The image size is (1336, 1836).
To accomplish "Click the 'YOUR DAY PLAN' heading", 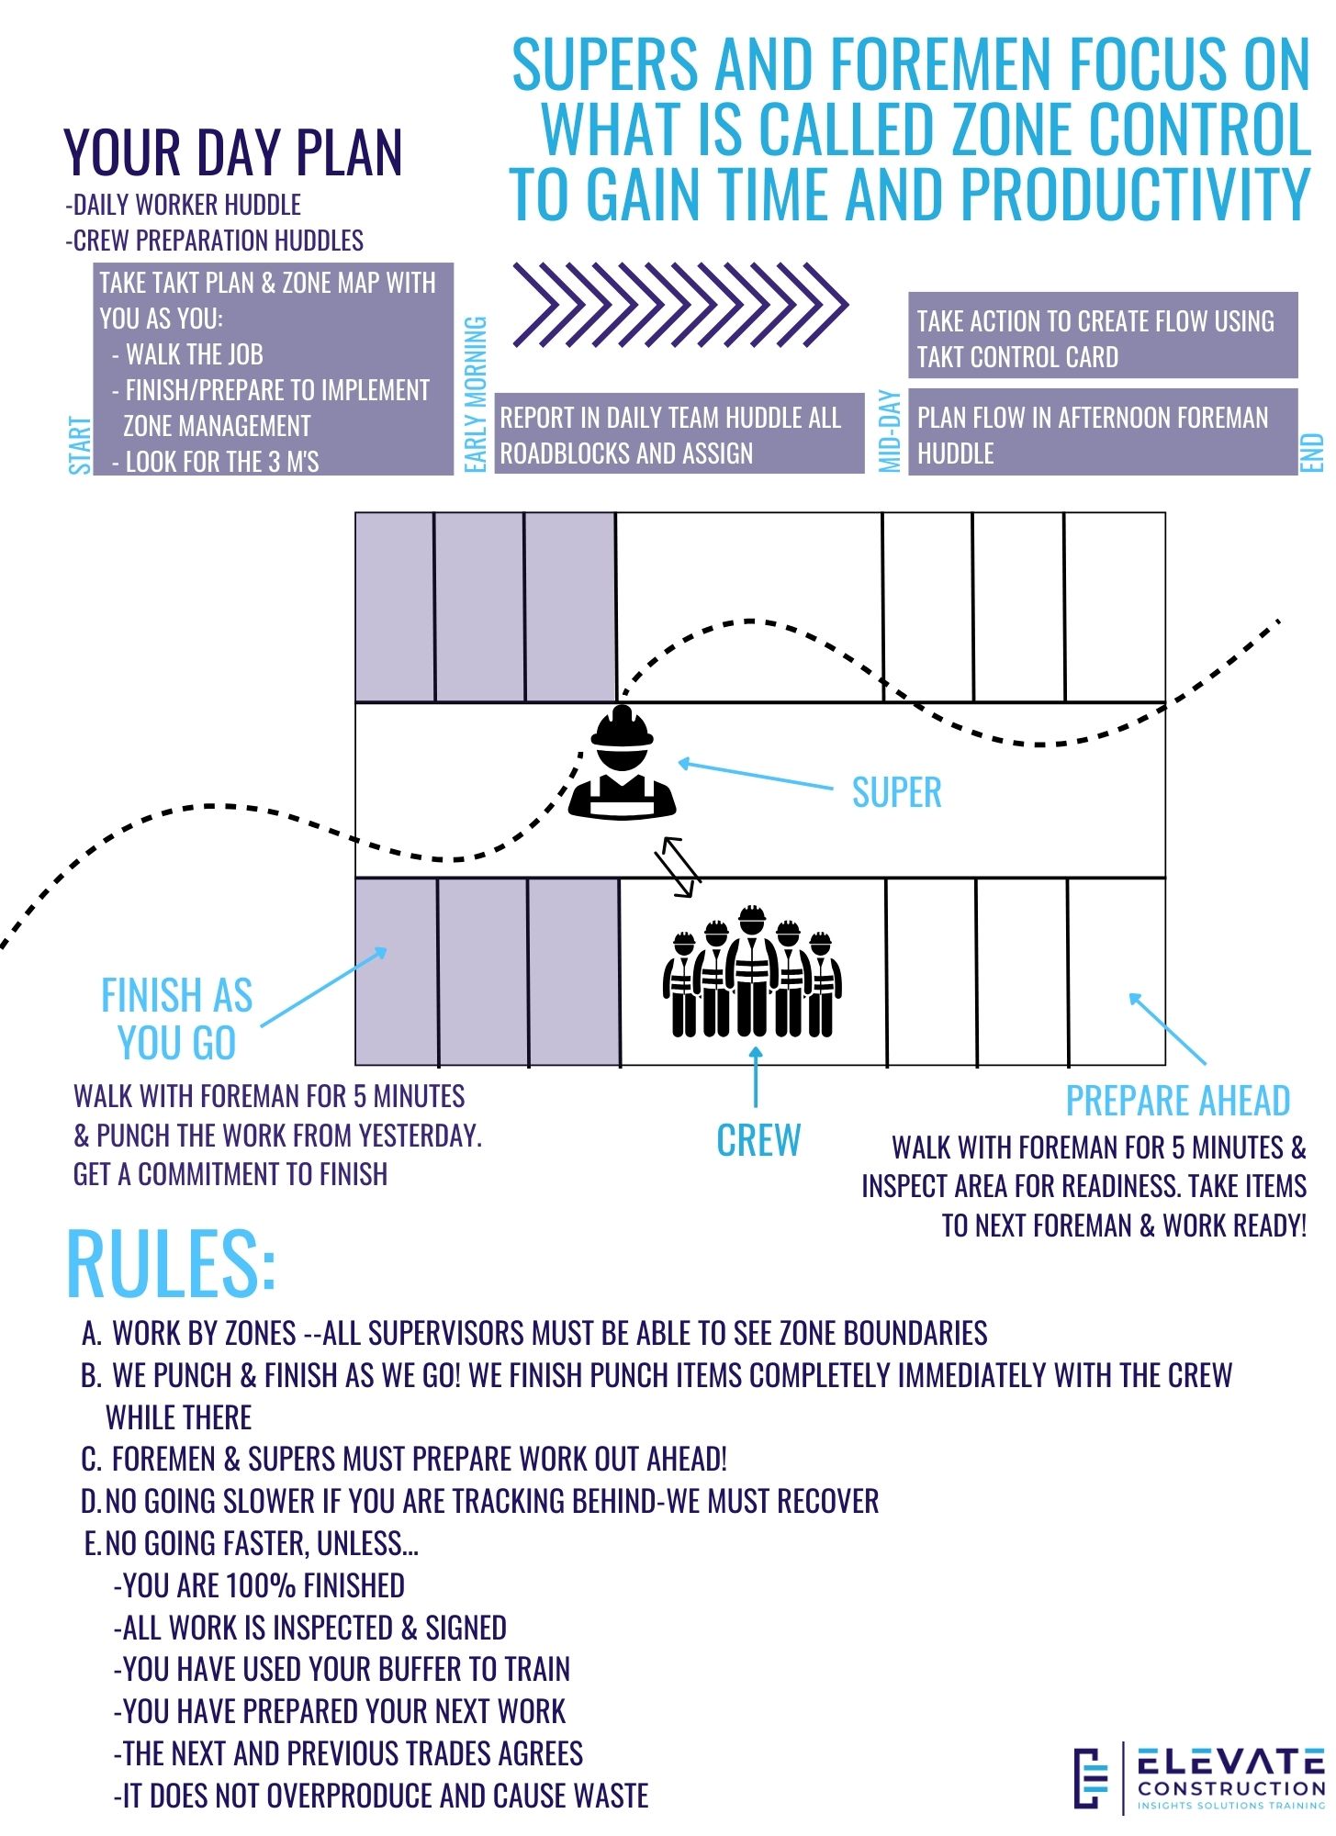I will click(233, 152).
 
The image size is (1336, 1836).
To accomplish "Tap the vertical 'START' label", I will click(80, 445).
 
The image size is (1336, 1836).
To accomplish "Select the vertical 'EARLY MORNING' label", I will click(475, 395).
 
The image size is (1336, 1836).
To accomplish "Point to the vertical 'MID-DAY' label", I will click(889, 431).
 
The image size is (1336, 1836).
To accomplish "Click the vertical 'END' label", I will click(1312, 453).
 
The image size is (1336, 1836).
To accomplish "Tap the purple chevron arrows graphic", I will click(679, 305).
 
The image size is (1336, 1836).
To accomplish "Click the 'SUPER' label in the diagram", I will click(896, 792).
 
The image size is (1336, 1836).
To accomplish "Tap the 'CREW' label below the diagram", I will click(758, 1140).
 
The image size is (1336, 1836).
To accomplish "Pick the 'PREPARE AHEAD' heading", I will click(1177, 1100).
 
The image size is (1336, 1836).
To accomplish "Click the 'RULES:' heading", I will click(171, 1263).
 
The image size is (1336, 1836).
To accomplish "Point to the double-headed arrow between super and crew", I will click(678, 866).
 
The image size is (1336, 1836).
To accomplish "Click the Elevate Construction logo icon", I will click(1091, 1778).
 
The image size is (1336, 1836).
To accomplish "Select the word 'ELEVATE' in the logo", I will click(1230, 1762).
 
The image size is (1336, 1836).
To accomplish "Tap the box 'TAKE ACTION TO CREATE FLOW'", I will click(1102, 337).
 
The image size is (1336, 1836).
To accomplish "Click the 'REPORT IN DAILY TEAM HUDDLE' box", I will click(679, 434).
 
